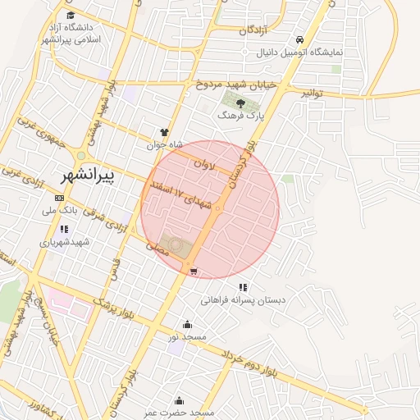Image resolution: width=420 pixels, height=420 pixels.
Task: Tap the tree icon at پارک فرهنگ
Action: click(240, 103)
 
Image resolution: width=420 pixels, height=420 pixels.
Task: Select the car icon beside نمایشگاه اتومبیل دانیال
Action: click(300, 39)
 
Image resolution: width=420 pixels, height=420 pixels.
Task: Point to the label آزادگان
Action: click(254, 30)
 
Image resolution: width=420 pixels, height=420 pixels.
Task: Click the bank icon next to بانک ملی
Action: click(59, 198)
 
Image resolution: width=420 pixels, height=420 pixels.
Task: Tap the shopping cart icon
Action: click(193, 271)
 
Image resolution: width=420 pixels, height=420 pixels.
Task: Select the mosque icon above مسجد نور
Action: click(188, 324)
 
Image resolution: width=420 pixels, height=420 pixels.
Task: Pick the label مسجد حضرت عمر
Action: click(180, 413)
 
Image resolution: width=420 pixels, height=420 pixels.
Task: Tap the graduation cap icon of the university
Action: click(71, 15)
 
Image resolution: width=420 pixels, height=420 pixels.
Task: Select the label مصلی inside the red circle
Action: click(156, 247)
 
